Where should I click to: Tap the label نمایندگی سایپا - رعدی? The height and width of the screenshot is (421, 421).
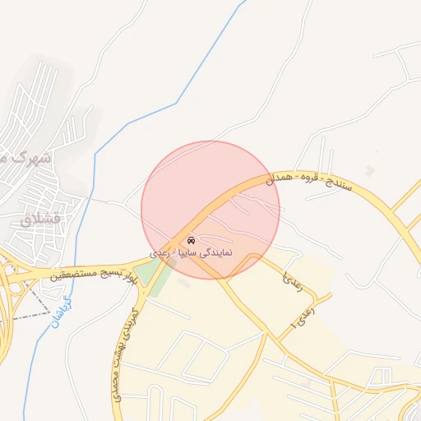click(x=191, y=253)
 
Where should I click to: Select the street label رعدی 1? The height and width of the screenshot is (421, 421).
click(x=301, y=317)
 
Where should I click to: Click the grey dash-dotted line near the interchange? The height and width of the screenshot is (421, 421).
click(x=33, y=305)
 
